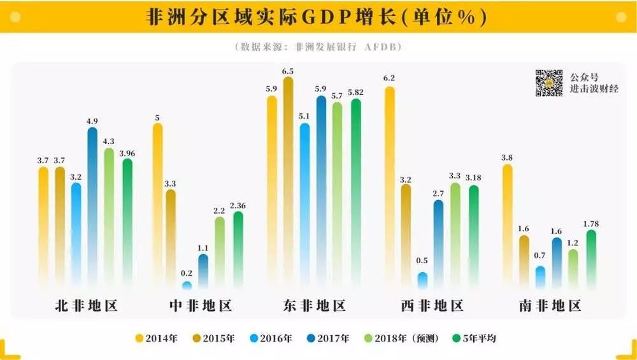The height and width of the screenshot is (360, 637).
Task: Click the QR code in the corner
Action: coord(548,83)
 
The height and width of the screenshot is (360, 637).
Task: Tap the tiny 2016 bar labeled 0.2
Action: coord(187,285)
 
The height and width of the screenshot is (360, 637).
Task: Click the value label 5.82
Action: coord(355,92)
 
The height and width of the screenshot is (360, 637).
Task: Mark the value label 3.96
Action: coord(127,153)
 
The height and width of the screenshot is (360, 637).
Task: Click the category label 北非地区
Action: coord(87,306)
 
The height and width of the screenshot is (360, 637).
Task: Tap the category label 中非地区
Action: coord(200,306)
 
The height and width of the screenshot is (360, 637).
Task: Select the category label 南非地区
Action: coord(549,306)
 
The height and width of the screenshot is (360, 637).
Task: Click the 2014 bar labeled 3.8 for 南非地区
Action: coord(507,223)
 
